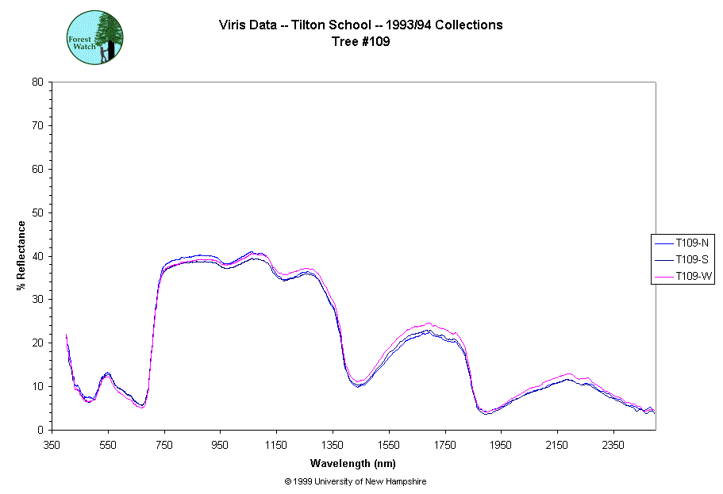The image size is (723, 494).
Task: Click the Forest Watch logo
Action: (94, 37)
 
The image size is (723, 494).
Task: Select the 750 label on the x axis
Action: (164, 445)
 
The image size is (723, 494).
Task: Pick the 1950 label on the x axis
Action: (501, 445)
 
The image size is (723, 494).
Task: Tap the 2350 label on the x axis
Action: (613, 445)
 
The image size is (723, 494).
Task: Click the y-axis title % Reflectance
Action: (21, 255)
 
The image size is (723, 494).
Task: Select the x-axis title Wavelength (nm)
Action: (353, 464)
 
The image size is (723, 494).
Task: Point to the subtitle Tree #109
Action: (360, 42)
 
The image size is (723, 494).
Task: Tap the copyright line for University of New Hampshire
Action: (360, 481)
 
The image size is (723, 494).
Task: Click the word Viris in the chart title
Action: (233, 25)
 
